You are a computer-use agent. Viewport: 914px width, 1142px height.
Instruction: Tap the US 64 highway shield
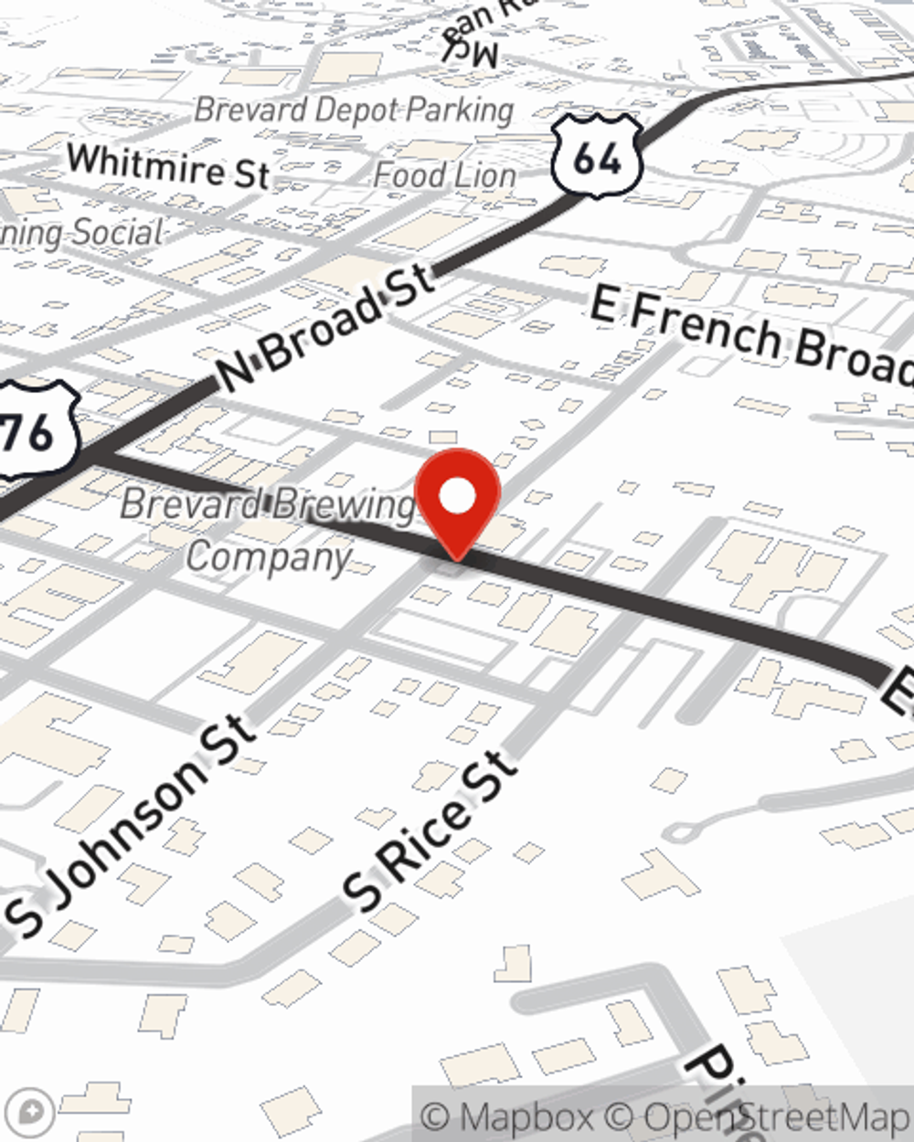596,156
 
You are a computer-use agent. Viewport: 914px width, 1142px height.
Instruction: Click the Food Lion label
445,174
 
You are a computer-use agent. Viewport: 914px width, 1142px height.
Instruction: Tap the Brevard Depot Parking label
354,111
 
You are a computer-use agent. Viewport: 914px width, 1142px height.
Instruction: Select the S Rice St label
426,831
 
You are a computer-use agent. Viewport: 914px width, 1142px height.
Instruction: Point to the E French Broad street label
749,334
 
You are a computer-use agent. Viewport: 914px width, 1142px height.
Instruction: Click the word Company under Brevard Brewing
269,555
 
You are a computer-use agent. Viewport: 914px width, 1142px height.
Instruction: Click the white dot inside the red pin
458,496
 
